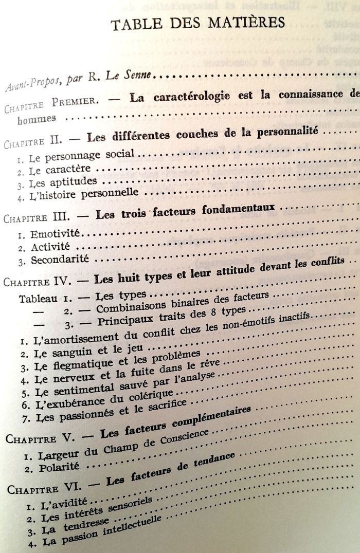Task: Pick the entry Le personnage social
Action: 82,154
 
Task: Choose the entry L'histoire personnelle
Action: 84,194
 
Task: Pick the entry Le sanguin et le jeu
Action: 78,353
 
